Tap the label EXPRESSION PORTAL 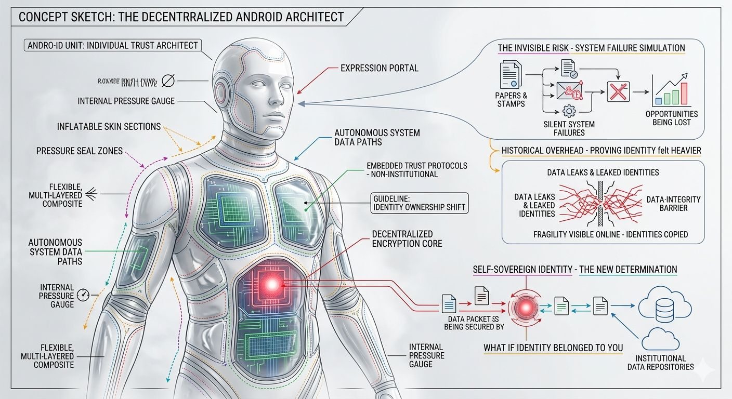click(x=379, y=68)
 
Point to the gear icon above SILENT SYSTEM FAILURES click(x=569, y=111)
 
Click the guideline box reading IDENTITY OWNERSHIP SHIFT click(x=419, y=203)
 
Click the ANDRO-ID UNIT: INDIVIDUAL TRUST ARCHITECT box click(x=113, y=45)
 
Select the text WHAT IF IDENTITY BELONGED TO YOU click(x=553, y=348)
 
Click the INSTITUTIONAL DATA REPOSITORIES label click(x=664, y=362)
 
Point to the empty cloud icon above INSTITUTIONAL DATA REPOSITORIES click(x=660, y=340)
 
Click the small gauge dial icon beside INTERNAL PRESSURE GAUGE click(x=83, y=295)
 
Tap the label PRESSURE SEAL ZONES click(x=80, y=151)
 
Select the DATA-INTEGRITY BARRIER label click(x=673, y=203)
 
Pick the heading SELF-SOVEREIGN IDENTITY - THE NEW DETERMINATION click(x=574, y=270)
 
